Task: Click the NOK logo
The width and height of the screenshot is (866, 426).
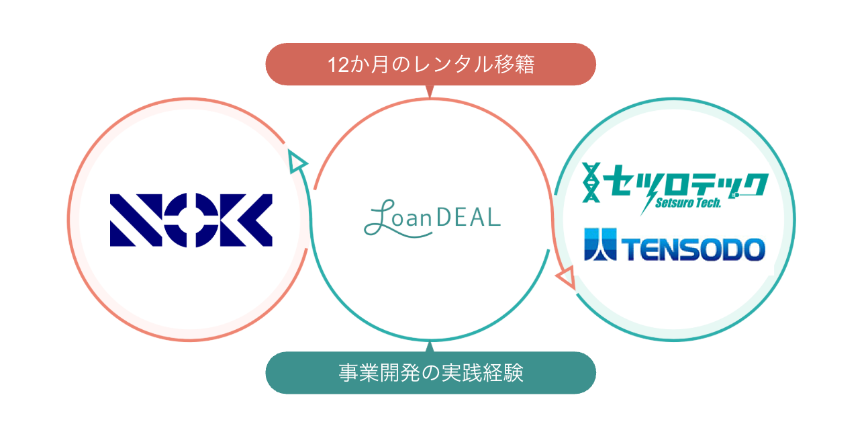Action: click(x=191, y=220)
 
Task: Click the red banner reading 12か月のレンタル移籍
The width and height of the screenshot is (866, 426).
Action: click(x=431, y=65)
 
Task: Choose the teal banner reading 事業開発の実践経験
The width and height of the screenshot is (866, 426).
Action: click(x=431, y=373)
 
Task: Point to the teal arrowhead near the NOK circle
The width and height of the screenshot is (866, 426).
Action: click(x=296, y=161)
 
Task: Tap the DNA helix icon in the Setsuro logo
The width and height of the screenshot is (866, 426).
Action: click(x=591, y=183)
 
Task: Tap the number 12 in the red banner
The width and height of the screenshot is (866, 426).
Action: click(x=336, y=65)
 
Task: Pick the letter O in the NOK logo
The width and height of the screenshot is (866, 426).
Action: click(x=191, y=220)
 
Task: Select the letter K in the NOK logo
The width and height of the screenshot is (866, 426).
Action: click(x=247, y=220)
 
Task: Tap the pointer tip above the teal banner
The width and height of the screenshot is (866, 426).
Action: click(x=430, y=345)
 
